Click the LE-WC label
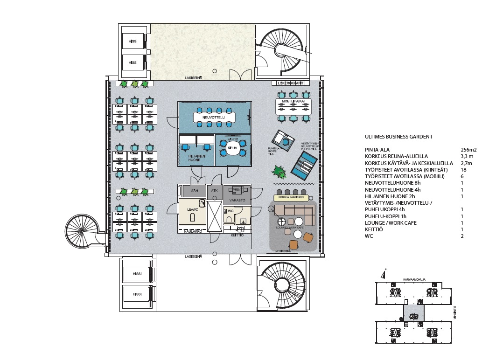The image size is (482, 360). (x=193, y=209)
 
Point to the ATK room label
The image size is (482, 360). (x=215, y=190)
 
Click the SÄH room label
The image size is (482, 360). (x=196, y=190)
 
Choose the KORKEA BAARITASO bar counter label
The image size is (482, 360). (x=292, y=197)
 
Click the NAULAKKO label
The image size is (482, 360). (x=193, y=231)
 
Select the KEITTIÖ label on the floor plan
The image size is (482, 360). (x=237, y=235)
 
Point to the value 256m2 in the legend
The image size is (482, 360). (x=468, y=150)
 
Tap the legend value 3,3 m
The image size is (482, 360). (x=467, y=156)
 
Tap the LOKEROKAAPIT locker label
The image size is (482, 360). (x=290, y=83)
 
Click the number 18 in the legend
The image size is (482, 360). (x=464, y=170)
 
